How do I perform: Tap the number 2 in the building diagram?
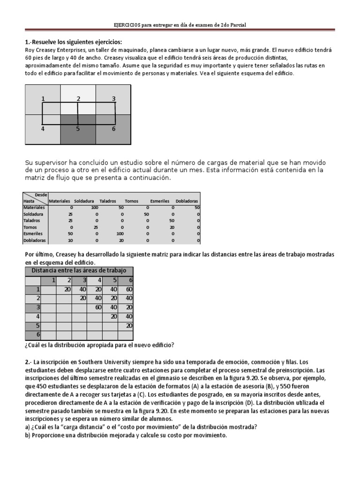pyautogui.click(x=78, y=98)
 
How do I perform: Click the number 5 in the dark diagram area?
pyautogui.click(x=78, y=128)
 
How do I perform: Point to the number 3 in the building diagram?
pyautogui.click(x=113, y=98)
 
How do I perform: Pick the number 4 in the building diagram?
pyautogui.click(x=43, y=128)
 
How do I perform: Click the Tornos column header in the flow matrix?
pyautogui.click(x=132, y=201)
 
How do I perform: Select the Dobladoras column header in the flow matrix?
pyautogui.click(x=187, y=201)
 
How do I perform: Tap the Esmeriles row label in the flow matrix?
pyautogui.click(x=33, y=233)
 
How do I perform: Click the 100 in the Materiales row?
pyautogui.click(x=95, y=207)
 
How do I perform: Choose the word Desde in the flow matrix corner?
pyautogui.click(x=41, y=195)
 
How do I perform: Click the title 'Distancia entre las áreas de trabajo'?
pyautogui.click(x=78, y=271)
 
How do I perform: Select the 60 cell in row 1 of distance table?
pyautogui.click(x=128, y=289)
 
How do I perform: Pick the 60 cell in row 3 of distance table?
pyautogui.click(x=97, y=307)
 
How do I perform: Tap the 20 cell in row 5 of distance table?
pyautogui.click(x=128, y=325)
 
